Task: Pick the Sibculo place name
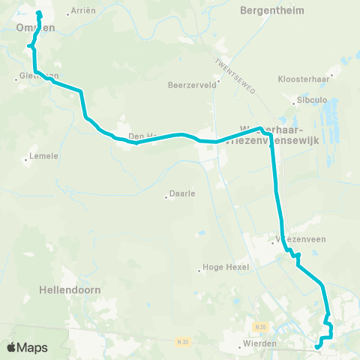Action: click(312, 98)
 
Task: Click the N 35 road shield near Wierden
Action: click(259, 327)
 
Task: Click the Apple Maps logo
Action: click(27, 347)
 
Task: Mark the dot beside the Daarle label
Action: click(166, 197)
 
